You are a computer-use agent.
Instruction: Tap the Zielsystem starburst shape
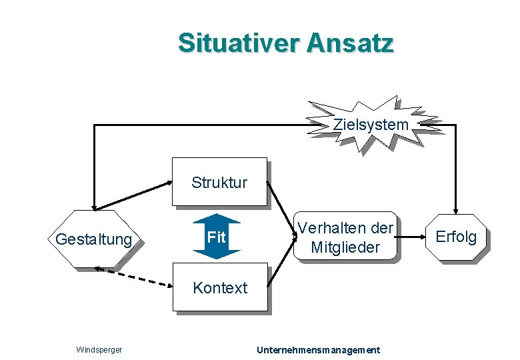tap(371, 124)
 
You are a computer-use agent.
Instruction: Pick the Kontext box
tap(219, 287)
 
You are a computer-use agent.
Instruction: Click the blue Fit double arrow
tap(215, 237)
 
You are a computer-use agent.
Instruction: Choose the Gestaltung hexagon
tap(94, 239)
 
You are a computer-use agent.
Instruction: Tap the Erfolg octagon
tap(456, 236)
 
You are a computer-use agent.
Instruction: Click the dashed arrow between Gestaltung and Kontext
tap(133, 277)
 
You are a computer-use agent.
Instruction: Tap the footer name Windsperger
tap(98, 349)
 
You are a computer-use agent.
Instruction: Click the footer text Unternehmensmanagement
tap(319, 349)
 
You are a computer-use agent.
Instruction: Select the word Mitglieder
tap(345, 247)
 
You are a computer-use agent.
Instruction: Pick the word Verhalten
tap(325, 227)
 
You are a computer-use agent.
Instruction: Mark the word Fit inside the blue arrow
tap(215, 237)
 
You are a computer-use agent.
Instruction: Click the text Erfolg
tap(456, 236)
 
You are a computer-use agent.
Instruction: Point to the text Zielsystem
tap(371, 124)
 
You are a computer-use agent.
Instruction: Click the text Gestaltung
tap(94, 239)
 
